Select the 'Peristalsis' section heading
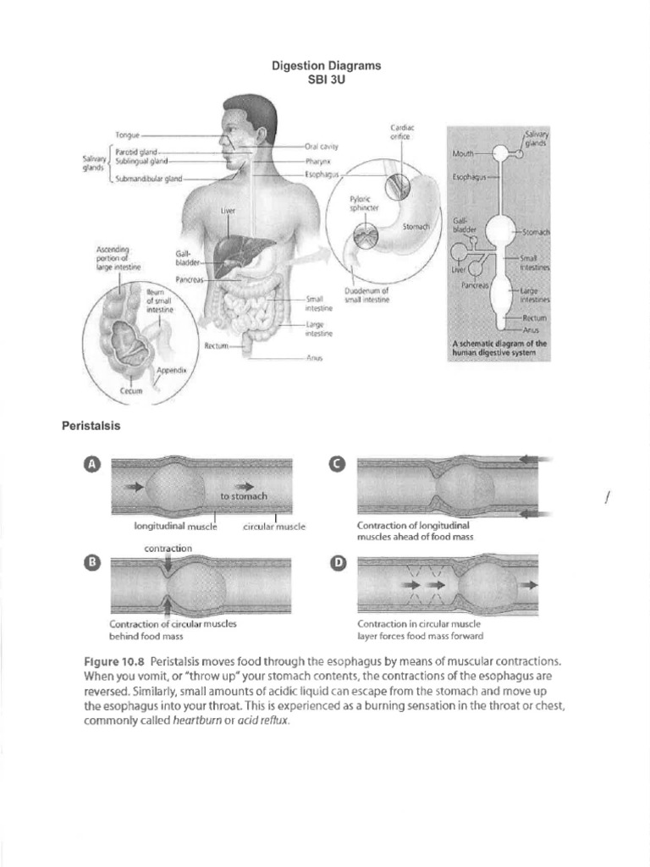[x=91, y=426]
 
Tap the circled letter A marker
[x=92, y=464]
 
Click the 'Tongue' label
[x=128, y=135]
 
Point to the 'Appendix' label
[x=172, y=371]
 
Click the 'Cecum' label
[x=131, y=391]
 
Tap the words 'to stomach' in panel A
[x=243, y=496]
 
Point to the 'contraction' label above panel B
[x=168, y=548]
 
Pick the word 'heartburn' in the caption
[x=197, y=721]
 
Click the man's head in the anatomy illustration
[x=247, y=127]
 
